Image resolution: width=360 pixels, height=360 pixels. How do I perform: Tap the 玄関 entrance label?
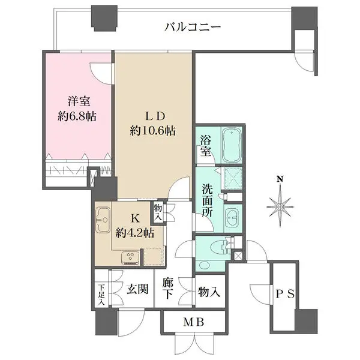[137, 290]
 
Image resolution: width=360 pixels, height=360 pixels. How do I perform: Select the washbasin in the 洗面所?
[231, 217]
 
